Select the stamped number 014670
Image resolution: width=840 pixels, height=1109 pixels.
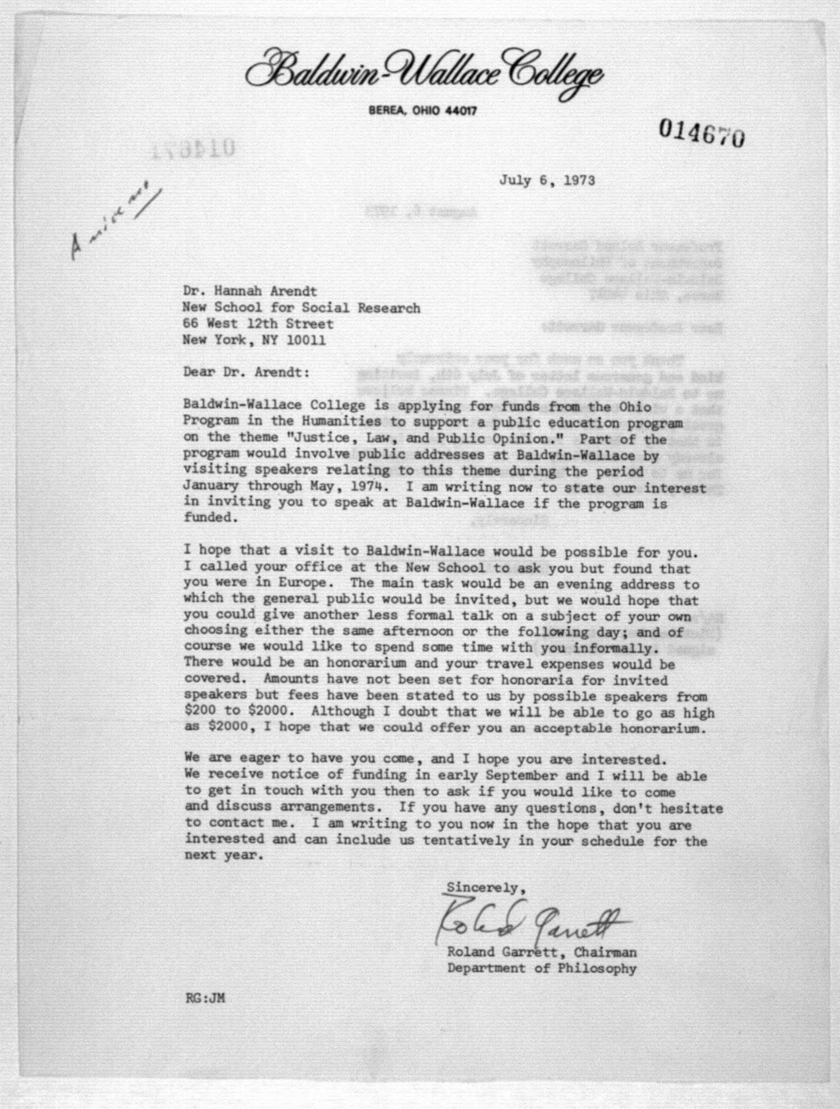point(701,133)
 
